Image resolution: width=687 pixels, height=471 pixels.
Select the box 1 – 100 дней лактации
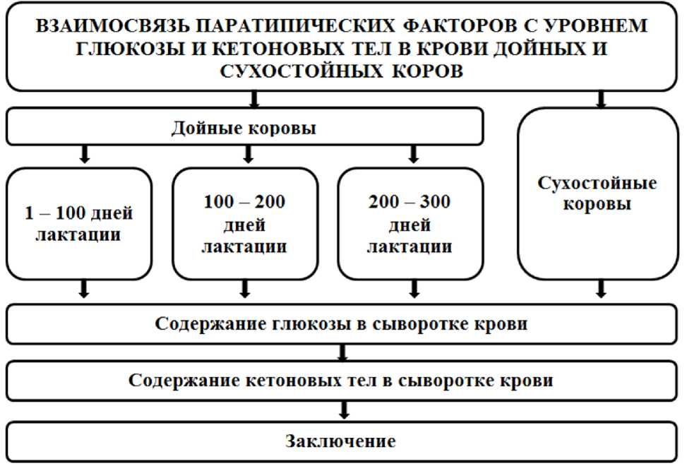coord(79,222)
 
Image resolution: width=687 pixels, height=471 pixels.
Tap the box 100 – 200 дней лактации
coord(245,222)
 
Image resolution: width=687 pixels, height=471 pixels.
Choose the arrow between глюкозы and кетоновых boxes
coord(344,352)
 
